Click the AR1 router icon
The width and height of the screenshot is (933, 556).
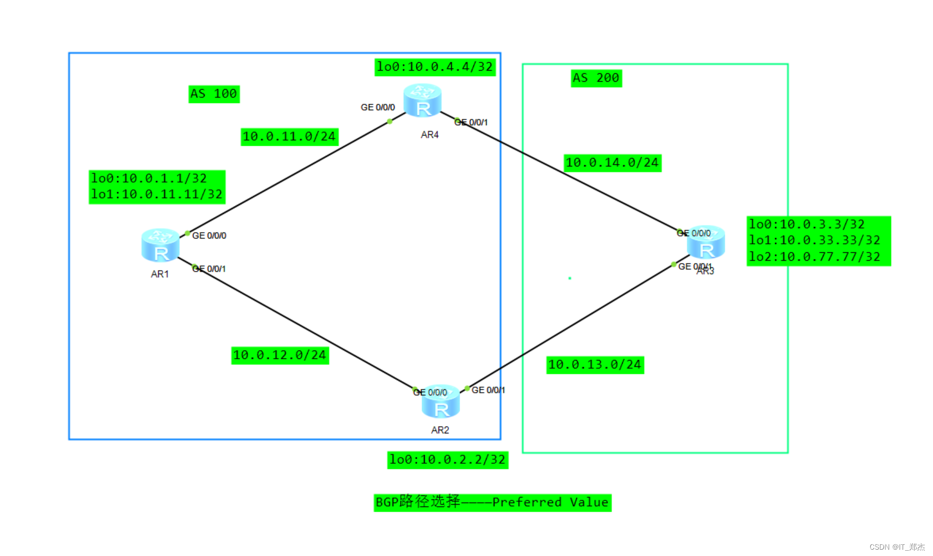click(160, 245)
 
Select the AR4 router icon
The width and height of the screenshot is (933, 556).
click(422, 100)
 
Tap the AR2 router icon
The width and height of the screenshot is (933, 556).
click(441, 402)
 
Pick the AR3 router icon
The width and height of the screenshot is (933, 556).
click(706, 242)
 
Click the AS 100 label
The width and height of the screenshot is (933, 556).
click(214, 94)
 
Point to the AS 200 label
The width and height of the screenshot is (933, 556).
click(596, 78)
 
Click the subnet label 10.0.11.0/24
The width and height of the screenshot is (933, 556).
click(289, 137)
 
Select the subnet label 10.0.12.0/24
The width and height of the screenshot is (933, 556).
click(280, 355)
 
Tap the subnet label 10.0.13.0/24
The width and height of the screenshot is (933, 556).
click(595, 365)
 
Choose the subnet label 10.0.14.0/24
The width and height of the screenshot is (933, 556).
click(612, 163)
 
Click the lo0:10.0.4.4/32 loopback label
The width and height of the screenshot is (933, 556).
click(435, 67)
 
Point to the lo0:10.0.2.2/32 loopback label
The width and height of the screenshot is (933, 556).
click(448, 460)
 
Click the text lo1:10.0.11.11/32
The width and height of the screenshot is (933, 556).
click(157, 195)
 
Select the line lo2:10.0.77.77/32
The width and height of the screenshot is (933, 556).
click(814, 257)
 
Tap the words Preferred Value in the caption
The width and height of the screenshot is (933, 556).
click(550, 502)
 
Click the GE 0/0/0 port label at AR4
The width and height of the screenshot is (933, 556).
click(378, 108)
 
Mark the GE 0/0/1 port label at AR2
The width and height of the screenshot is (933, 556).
click(488, 390)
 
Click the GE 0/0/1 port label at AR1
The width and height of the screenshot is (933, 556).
click(210, 269)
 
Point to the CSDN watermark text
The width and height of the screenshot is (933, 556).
click(897, 547)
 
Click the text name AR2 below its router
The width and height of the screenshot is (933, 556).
click(440, 430)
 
